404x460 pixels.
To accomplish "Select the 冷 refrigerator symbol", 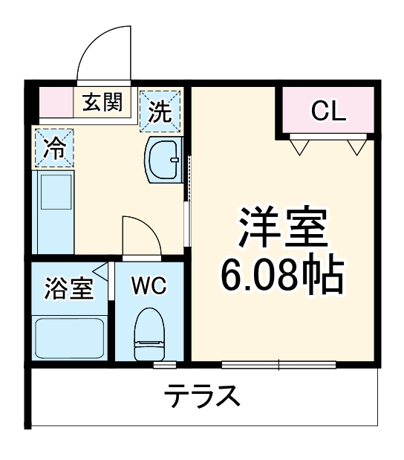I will (x=53, y=148).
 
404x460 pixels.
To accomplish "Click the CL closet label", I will (x=328, y=111).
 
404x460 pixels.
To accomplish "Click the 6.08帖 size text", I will (x=282, y=276).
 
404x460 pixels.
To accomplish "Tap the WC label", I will (x=149, y=286).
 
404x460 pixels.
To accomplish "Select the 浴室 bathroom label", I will (x=68, y=288).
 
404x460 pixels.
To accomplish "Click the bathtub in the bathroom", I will (x=69, y=338).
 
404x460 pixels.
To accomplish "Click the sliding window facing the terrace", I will (x=279, y=365).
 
